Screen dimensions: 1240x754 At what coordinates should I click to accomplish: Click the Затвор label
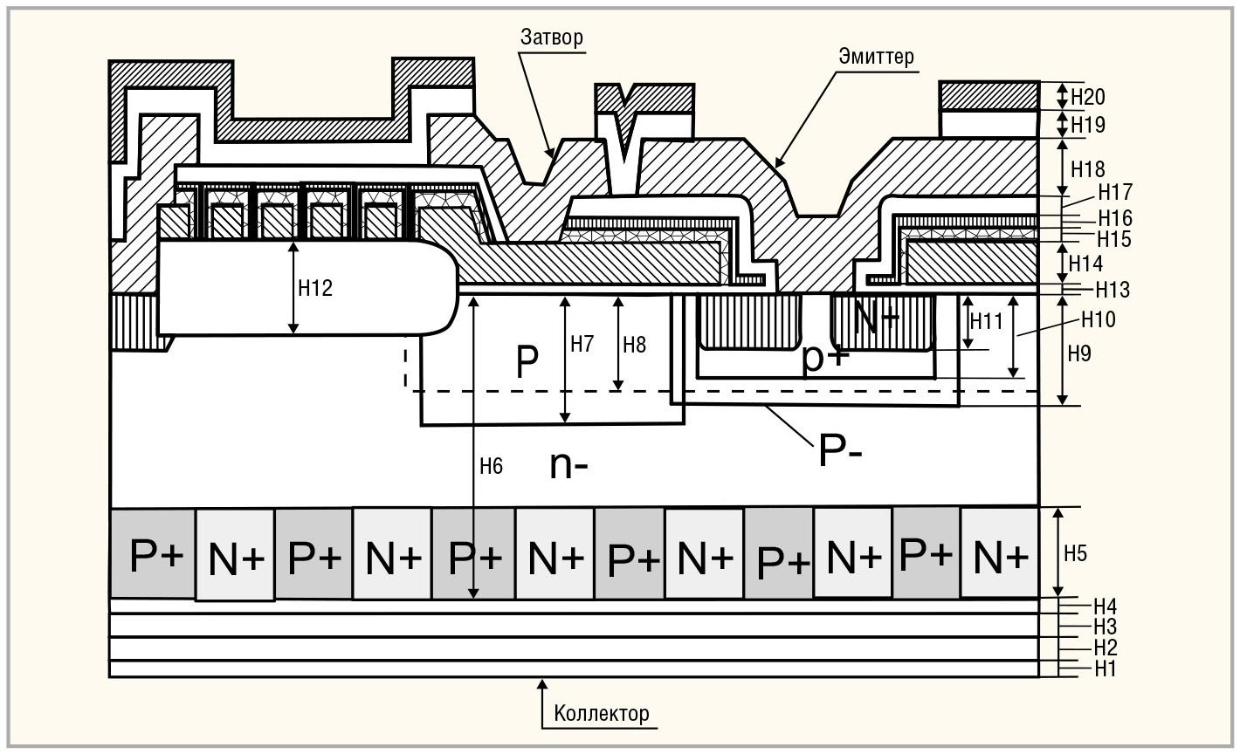pyautogui.click(x=551, y=37)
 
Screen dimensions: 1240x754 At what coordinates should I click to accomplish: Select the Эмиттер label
pyautogui.click(x=877, y=57)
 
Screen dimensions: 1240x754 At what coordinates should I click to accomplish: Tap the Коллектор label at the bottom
pyautogui.click(x=601, y=714)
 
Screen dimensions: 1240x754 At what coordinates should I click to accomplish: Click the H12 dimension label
pyautogui.click(x=315, y=288)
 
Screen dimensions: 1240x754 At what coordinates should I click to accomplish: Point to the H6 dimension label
pyautogui.click(x=491, y=466)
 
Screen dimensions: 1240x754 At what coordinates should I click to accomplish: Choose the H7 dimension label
pyautogui.click(x=582, y=344)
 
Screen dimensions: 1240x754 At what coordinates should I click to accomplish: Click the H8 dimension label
pyautogui.click(x=634, y=345)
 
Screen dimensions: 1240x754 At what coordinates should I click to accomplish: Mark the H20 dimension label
pyautogui.click(x=1088, y=97)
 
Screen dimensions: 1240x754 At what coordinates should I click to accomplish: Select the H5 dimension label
pyautogui.click(x=1076, y=553)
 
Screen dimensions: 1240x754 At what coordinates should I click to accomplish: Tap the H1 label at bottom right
pyautogui.click(x=1106, y=668)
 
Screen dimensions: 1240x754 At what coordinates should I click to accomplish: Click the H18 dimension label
pyautogui.click(x=1088, y=168)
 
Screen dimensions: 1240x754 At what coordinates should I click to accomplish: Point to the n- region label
pyautogui.click(x=568, y=465)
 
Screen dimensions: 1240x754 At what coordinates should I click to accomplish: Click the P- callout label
pyautogui.click(x=840, y=451)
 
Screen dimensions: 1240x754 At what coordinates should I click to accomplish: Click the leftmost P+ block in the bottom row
pyautogui.click(x=153, y=553)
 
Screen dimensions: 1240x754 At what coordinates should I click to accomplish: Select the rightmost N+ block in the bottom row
pyautogui.click(x=1000, y=552)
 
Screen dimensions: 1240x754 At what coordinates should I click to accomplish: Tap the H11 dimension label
pyautogui.click(x=987, y=321)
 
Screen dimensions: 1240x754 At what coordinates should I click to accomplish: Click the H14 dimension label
pyautogui.click(x=1085, y=264)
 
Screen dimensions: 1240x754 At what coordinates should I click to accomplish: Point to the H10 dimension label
pyautogui.click(x=1099, y=319)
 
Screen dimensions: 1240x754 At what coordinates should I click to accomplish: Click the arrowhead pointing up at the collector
pyautogui.click(x=543, y=685)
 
